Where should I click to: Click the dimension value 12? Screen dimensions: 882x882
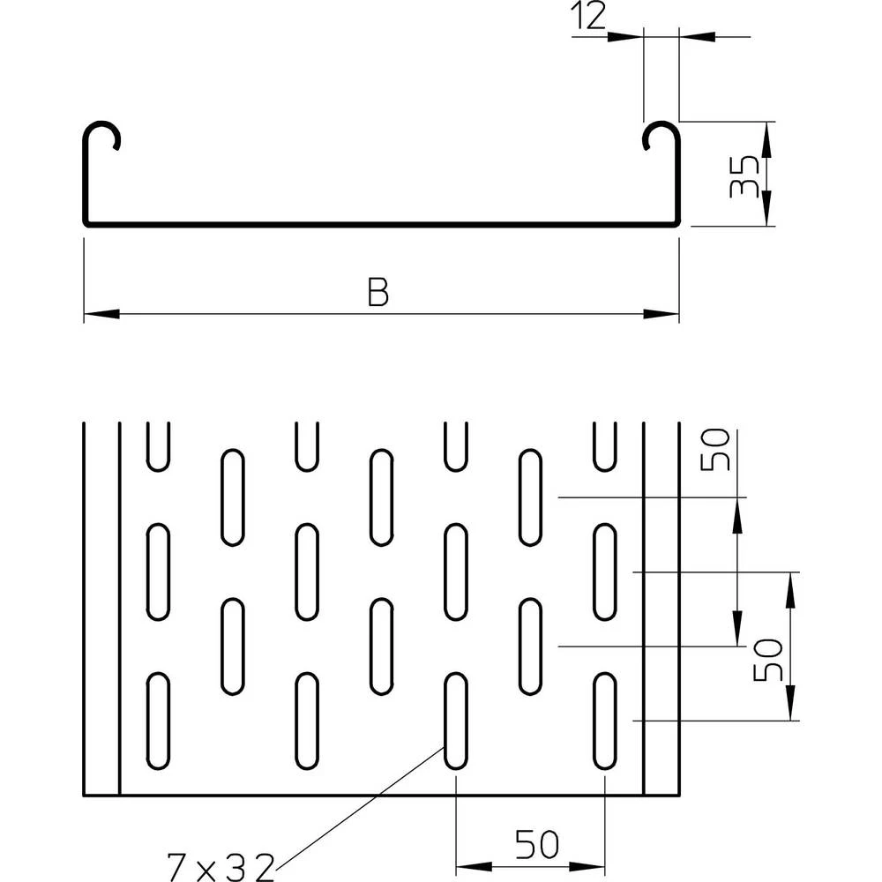[x=588, y=18]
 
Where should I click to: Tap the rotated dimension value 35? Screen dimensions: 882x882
[x=745, y=175]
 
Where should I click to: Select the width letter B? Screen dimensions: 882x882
[x=378, y=293]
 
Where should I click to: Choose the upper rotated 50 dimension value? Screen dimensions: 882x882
[x=715, y=450]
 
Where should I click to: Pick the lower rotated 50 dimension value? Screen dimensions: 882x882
[x=768, y=660]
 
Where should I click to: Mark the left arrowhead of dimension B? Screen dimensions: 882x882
[x=100, y=313]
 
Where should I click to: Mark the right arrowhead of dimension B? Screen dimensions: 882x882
[x=663, y=313]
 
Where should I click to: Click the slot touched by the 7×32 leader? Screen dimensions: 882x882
[x=455, y=720]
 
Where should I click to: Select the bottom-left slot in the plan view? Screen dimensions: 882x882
[x=158, y=720]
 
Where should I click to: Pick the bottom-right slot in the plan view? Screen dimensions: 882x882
[x=605, y=720]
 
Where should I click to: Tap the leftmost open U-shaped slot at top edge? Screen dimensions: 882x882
[x=158, y=445]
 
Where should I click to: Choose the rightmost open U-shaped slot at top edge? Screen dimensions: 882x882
[x=605, y=445]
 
